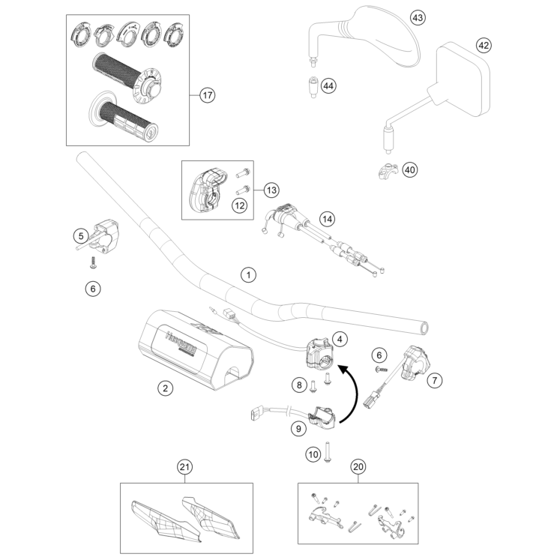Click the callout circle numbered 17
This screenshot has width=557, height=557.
pos(208,95)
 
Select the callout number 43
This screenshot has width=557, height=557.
pos(418,16)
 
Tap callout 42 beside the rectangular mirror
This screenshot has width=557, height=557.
pos(484,46)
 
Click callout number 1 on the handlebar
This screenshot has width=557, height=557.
pos(248,275)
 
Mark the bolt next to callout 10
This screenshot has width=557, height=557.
pos(328,454)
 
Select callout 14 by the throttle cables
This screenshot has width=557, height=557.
pos(326,218)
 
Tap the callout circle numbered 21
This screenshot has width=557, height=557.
pos(184,467)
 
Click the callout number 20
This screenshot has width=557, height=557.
pos(358,467)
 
